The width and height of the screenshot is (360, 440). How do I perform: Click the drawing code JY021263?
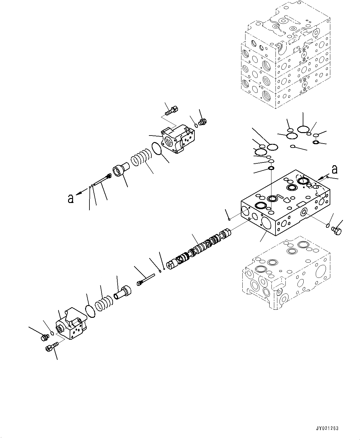click(327, 429)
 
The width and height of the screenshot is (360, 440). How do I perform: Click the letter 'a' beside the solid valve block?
click(334, 170)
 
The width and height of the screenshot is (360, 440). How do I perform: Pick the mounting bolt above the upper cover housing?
click(171, 110)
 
